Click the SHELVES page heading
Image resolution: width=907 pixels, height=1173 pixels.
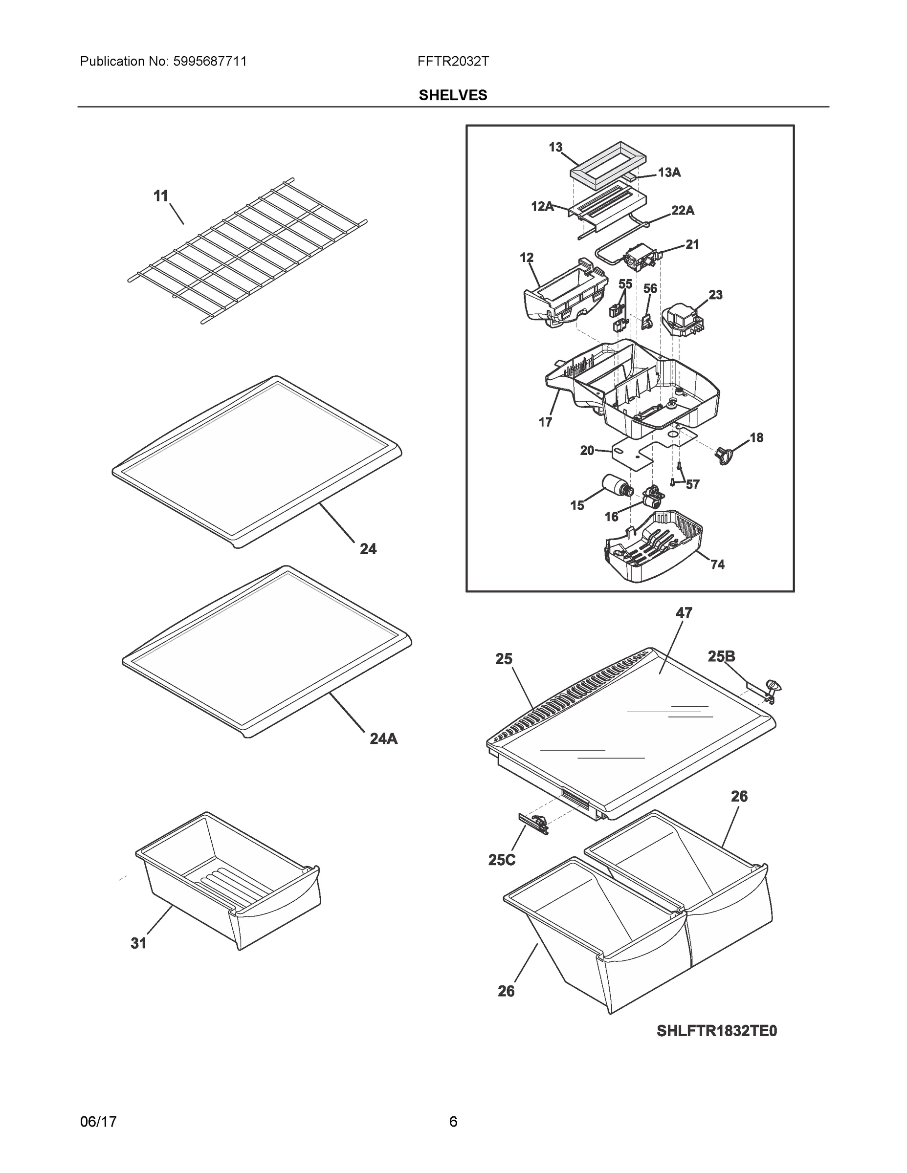452,95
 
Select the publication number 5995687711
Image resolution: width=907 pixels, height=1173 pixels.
210,61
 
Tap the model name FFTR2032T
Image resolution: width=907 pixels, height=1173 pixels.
452,61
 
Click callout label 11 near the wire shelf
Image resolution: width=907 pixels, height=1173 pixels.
161,196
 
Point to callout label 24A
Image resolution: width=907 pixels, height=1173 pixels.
383,739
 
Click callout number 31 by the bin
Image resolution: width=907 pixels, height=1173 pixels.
139,943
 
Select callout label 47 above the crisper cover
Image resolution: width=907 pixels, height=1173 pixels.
684,613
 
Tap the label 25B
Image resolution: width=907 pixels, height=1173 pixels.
721,657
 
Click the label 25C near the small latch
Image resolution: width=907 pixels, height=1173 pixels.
501,860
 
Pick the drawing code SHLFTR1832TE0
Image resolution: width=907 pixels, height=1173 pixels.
716,1031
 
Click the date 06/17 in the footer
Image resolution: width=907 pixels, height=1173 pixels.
98,1122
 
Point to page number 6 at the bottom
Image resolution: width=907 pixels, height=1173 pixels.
453,1122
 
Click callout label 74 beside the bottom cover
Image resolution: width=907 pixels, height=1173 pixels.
717,565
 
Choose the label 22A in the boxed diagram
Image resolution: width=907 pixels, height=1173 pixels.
683,211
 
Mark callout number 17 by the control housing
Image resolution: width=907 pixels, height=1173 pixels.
545,422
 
